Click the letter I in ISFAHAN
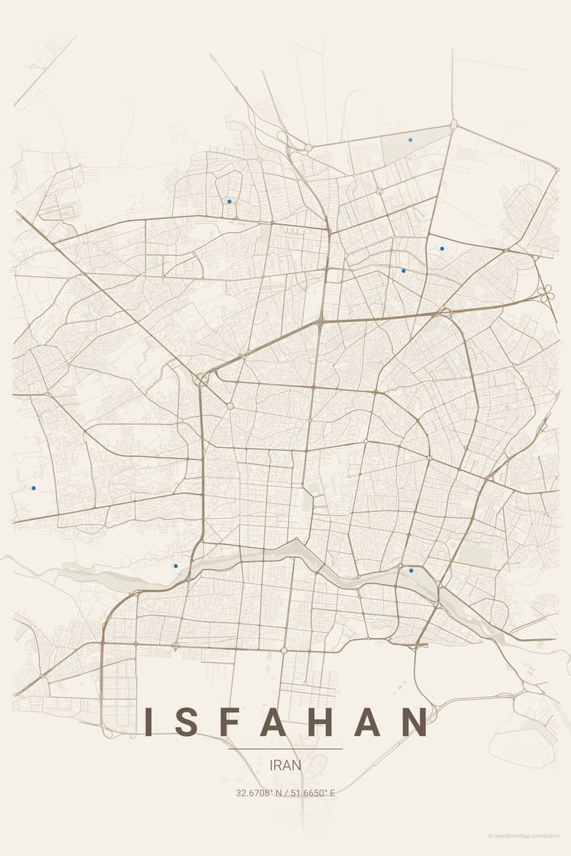coord(149,722)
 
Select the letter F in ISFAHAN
coord(235,722)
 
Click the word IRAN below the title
coord(285,765)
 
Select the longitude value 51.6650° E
coord(311,793)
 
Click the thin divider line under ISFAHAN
coord(285,749)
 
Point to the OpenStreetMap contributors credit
coord(524,836)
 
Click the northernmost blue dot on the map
coord(410,140)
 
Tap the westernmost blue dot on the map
coord(34,488)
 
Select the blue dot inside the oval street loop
coord(229,201)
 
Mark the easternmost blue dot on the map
coord(442,248)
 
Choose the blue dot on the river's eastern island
coord(411,571)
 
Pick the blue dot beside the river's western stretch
coord(176,566)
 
